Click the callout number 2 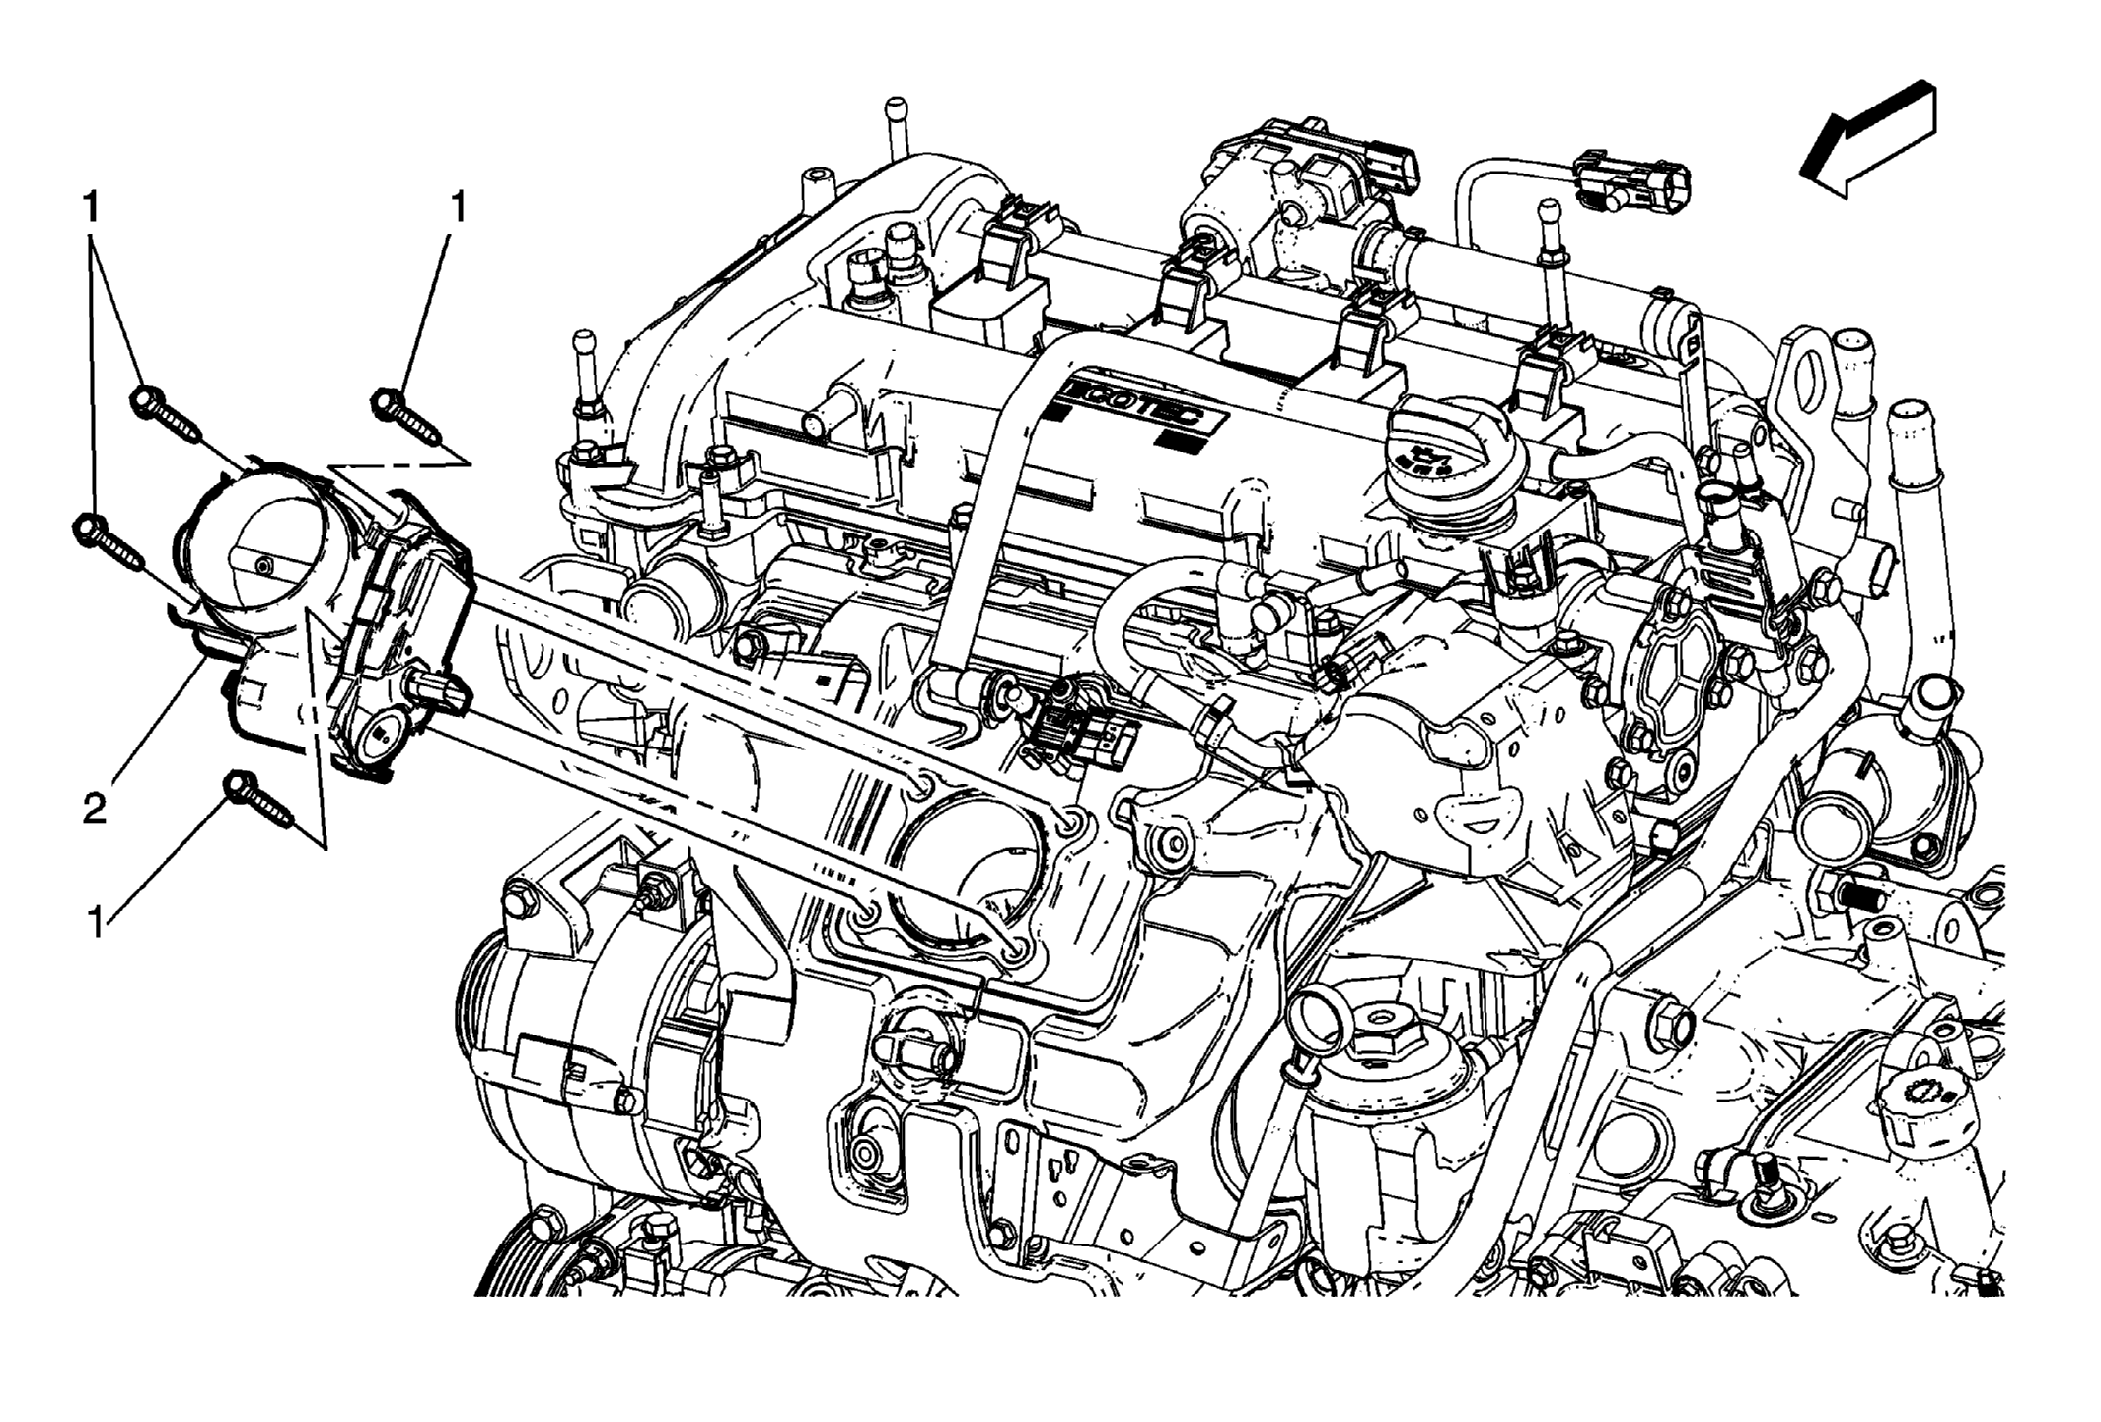(94, 811)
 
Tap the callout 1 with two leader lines (91, 209)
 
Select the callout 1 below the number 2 (96, 924)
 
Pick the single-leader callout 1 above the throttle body (457, 209)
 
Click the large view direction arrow (1867, 140)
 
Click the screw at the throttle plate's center (262, 565)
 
